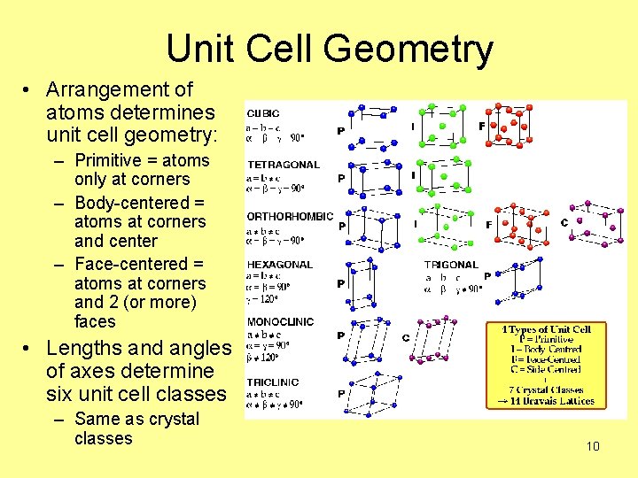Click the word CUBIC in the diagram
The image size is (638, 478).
pyautogui.click(x=263, y=113)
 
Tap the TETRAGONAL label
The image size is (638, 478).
pyautogui.click(x=284, y=165)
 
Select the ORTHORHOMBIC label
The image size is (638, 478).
pyautogui.click(x=290, y=216)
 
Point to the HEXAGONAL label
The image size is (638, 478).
pyautogui.click(x=279, y=265)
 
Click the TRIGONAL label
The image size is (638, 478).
pyautogui.click(x=451, y=265)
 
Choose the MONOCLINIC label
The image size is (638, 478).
pyautogui.click(x=280, y=322)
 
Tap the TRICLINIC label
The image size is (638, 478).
pyautogui.click(x=273, y=382)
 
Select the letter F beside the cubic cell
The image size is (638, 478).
pyautogui.click(x=482, y=127)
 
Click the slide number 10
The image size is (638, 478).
pyautogui.click(x=593, y=446)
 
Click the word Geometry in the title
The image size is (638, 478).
pyautogui.click(x=408, y=49)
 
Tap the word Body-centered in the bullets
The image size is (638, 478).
pyautogui.click(x=140, y=203)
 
